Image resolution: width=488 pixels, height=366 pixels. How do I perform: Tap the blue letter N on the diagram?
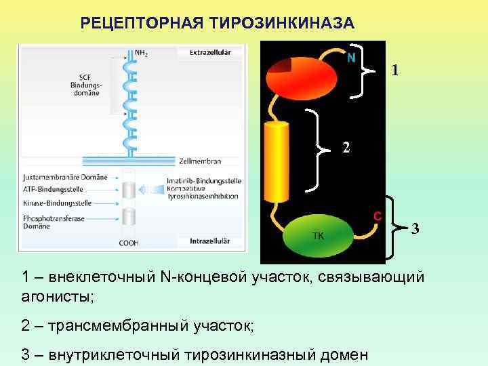[x=351, y=58]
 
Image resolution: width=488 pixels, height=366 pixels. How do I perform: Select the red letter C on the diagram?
[x=377, y=216]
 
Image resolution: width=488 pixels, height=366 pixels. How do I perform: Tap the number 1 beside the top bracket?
[x=395, y=70]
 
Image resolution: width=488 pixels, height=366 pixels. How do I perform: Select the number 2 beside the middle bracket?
[x=346, y=147]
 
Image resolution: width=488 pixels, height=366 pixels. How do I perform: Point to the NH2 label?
[x=142, y=52]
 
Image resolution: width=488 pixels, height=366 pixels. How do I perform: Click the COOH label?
[x=128, y=243]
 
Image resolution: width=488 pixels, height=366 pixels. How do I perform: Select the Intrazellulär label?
[x=209, y=241]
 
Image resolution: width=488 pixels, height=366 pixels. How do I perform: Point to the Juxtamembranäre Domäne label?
[x=65, y=177]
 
